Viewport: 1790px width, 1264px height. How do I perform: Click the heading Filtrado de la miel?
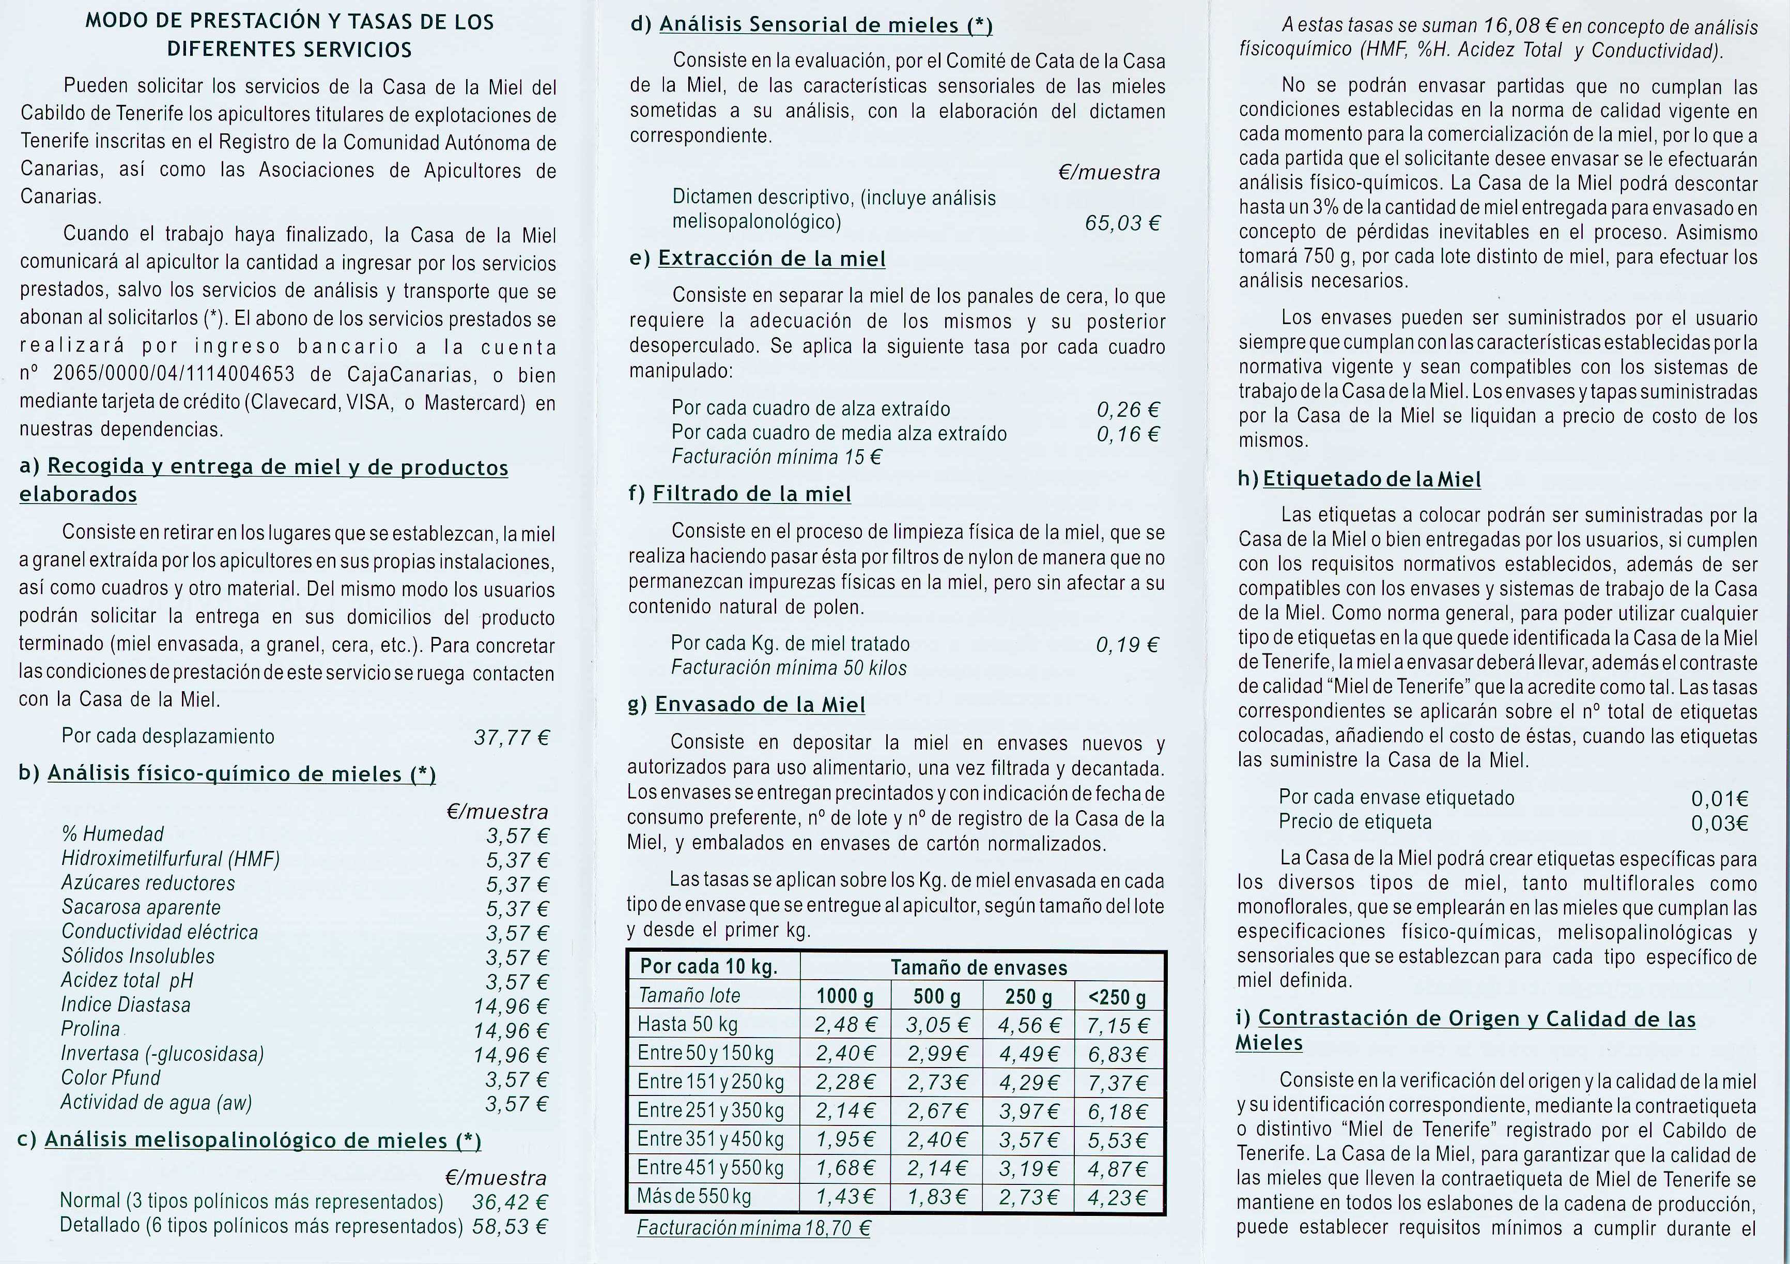click(751, 494)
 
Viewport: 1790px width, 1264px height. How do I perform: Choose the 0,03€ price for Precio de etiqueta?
click(1719, 823)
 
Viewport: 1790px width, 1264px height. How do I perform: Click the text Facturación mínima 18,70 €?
click(753, 1228)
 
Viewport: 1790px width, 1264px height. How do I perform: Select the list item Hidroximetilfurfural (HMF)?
click(171, 859)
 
